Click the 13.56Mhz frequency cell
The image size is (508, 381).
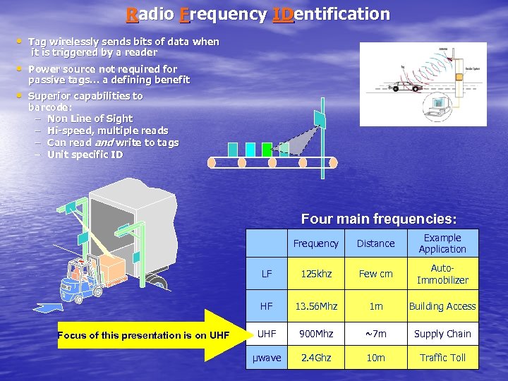pyautogui.click(x=315, y=306)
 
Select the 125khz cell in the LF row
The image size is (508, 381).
pyautogui.click(x=315, y=274)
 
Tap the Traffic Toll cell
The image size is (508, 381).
pyautogui.click(x=442, y=358)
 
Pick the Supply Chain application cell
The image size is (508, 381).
pyautogui.click(x=442, y=333)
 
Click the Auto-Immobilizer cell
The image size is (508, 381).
pyautogui.click(x=442, y=274)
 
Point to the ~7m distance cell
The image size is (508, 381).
pyautogui.click(x=375, y=333)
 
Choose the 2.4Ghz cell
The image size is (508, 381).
pyautogui.click(x=315, y=358)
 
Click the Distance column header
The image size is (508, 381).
pyautogui.click(x=375, y=243)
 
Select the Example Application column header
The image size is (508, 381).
pyautogui.click(x=442, y=243)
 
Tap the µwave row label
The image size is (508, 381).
pyautogui.click(x=267, y=358)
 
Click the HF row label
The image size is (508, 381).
pyautogui.click(x=267, y=306)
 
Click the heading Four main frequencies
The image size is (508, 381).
pyautogui.click(x=378, y=219)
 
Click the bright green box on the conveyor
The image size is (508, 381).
pyautogui.click(x=267, y=149)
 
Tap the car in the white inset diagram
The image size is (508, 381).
pyautogui.click(x=405, y=86)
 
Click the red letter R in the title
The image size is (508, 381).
pyautogui.click(x=132, y=14)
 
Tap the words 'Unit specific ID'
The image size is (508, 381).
pyautogui.click(x=85, y=155)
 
